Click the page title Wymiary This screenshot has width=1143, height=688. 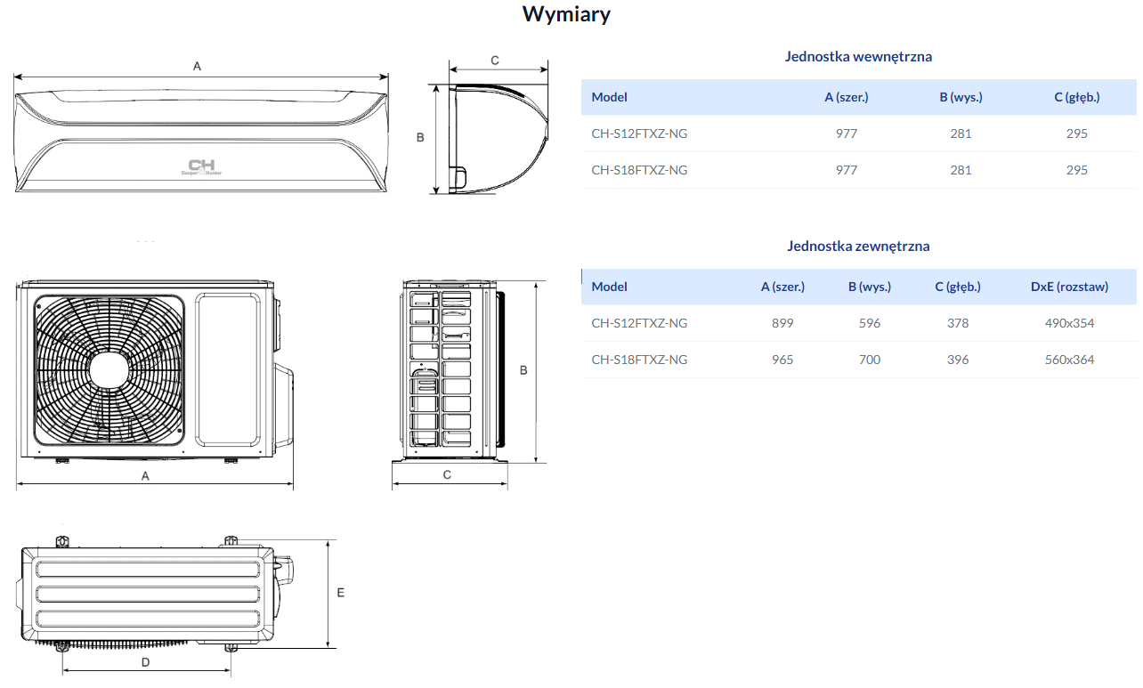[566, 14]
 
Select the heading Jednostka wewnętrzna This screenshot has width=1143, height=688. [858, 56]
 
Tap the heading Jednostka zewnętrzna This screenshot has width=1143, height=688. [858, 246]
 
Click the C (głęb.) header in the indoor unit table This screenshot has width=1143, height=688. [1076, 97]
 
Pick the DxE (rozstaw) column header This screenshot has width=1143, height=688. [1069, 287]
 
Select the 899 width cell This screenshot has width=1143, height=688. [782, 323]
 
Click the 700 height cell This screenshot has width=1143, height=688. [870, 360]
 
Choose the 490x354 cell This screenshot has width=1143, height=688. [1069, 323]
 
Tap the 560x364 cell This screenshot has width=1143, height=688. [1069, 360]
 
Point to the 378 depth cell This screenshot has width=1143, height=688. [958, 323]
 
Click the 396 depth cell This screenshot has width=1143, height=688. [958, 360]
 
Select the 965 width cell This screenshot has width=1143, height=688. [782, 360]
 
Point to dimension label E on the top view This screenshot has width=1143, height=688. [340, 592]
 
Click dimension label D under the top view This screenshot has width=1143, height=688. [145, 662]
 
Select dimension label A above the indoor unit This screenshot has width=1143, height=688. [197, 66]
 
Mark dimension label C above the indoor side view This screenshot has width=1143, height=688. [495, 61]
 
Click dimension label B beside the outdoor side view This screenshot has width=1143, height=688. [523, 370]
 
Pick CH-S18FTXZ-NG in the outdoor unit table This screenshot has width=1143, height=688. [639, 360]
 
